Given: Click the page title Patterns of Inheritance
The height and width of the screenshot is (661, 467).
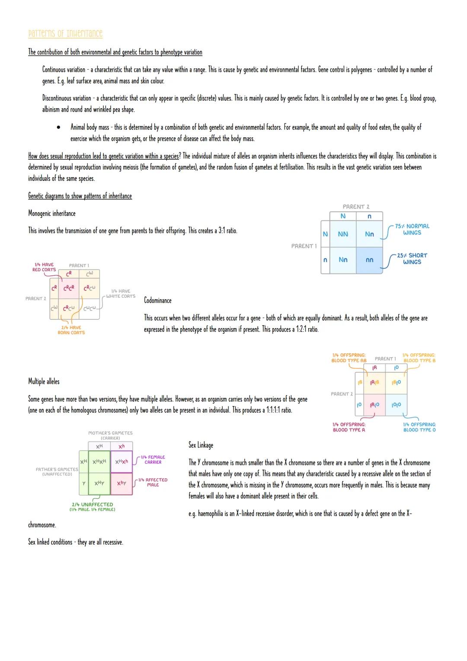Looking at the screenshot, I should point(65,34).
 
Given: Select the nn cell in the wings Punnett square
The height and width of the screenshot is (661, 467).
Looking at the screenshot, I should point(369,260).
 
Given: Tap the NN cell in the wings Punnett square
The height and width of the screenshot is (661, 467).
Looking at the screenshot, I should point(343,234).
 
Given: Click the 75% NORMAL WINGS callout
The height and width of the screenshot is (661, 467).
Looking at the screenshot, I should point(412,229).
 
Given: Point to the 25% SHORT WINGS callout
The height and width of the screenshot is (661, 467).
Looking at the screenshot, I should point(412,258).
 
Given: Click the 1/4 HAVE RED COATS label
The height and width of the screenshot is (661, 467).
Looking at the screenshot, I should point(44,267).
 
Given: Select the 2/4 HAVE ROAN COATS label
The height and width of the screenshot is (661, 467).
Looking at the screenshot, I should point(71,330).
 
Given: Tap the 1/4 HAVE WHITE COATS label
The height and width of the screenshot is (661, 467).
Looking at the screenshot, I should point(121,294).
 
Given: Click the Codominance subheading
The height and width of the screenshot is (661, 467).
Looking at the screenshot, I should point(157,300).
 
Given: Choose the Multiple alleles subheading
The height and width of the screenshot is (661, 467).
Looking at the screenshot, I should point(44,381).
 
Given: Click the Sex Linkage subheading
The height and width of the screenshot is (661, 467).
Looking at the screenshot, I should point(201,445).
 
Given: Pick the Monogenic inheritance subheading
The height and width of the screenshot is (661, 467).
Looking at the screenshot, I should point(51,213).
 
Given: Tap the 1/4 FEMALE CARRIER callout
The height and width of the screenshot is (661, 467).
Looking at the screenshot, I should point(153,460).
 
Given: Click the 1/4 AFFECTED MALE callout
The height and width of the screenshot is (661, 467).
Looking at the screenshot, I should point(153,482).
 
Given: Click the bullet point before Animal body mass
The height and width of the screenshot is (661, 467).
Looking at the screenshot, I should point(58,128).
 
